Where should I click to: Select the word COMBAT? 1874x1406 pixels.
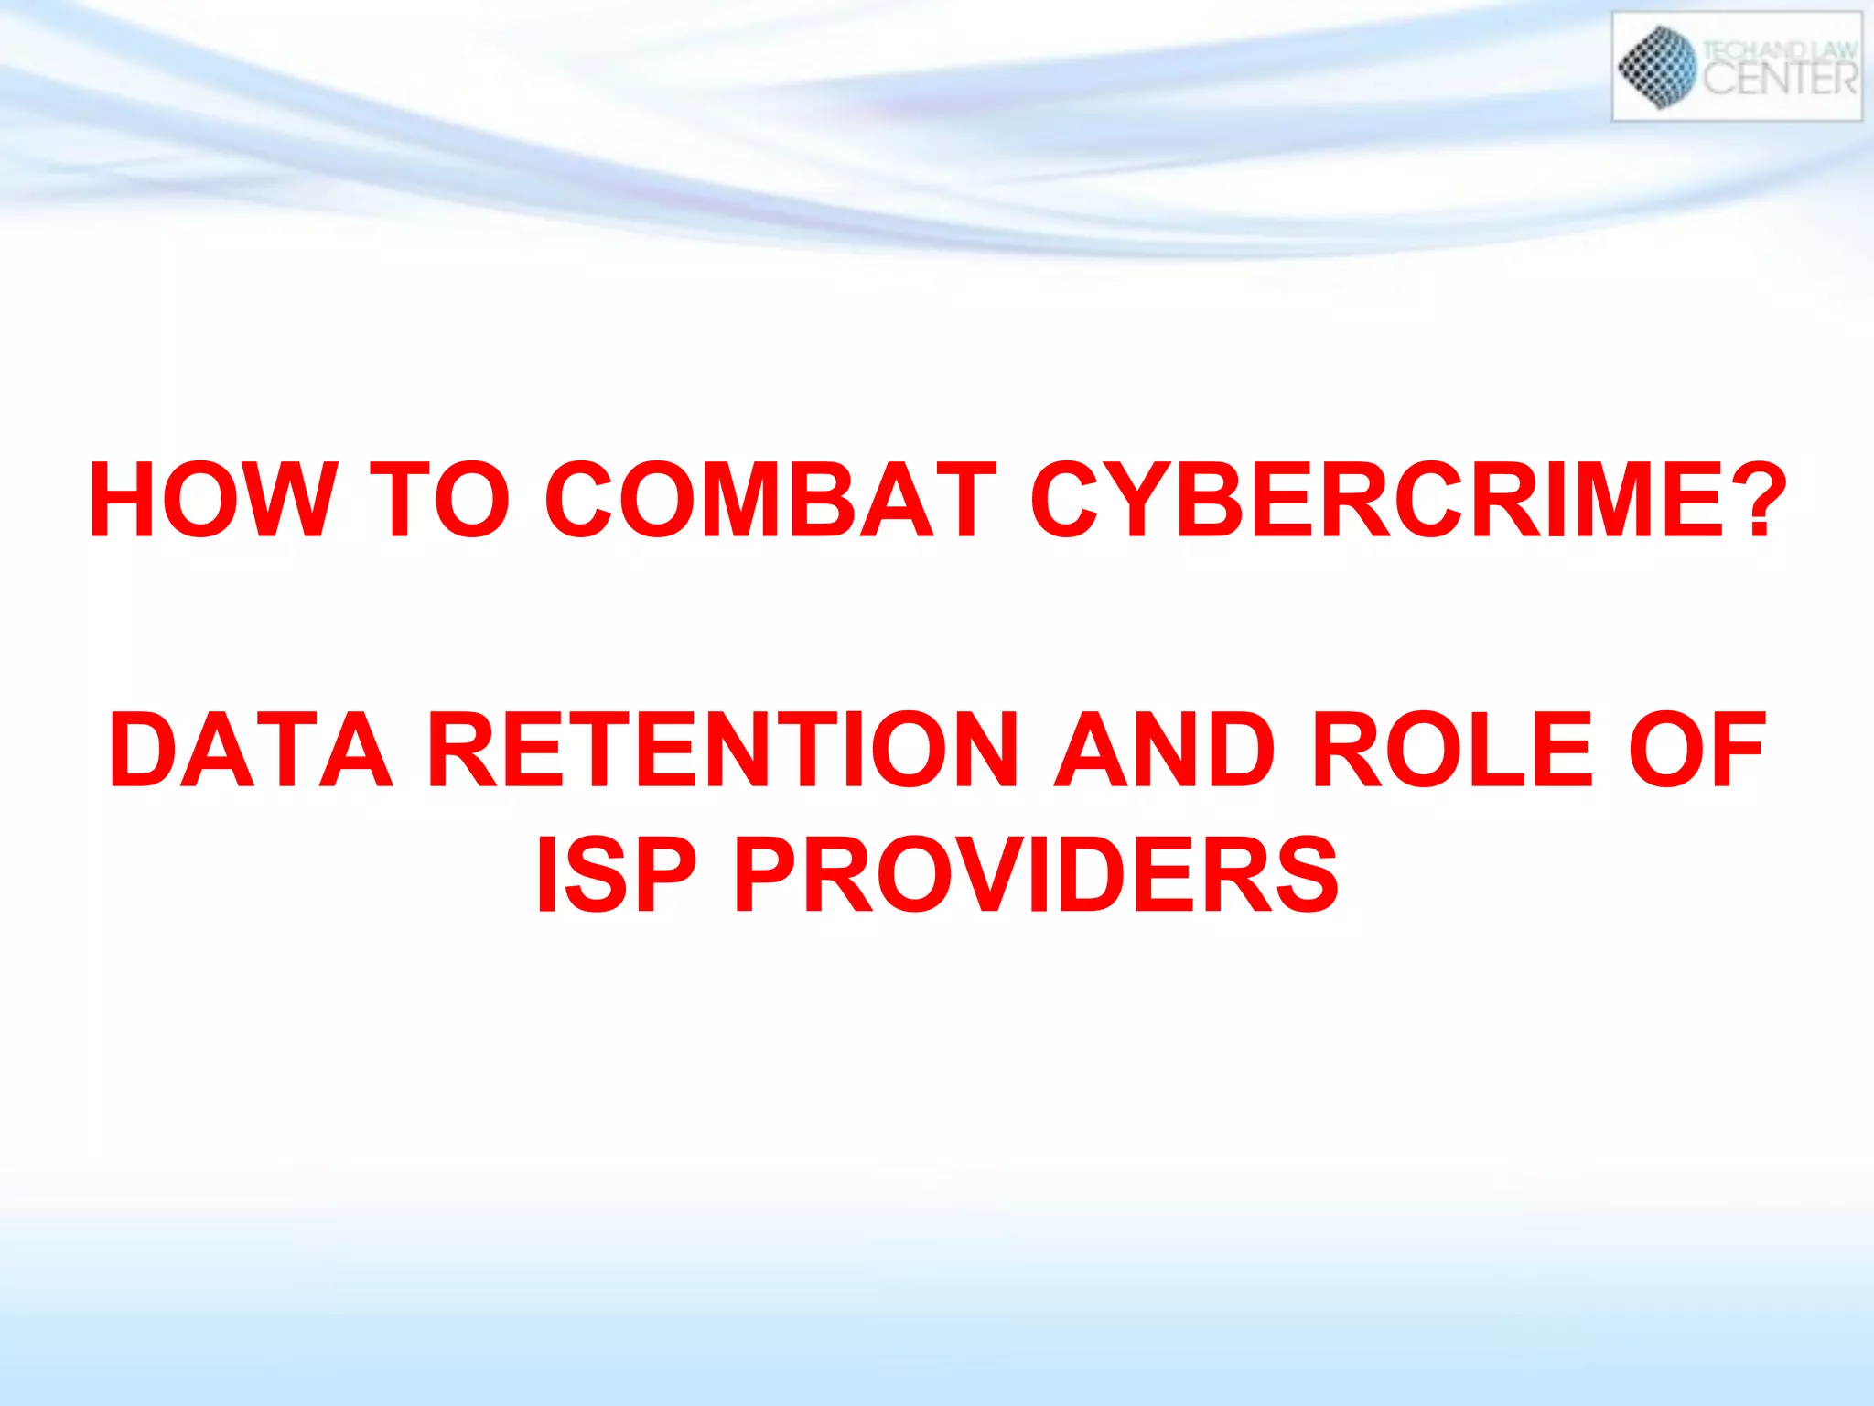[770, 500]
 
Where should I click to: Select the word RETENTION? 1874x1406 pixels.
[723, 750]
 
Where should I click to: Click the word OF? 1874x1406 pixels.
[1697, 750]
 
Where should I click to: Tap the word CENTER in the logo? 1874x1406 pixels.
[1780, 79]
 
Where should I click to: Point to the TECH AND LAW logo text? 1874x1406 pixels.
[1780, 50]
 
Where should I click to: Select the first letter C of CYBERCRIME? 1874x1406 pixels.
[1064, 500]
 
